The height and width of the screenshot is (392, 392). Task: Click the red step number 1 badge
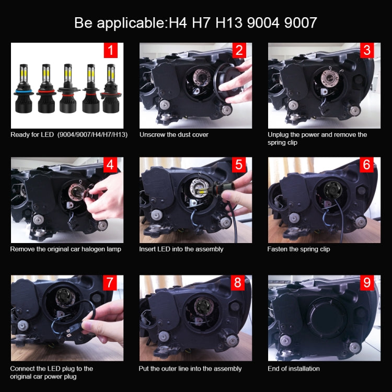110,50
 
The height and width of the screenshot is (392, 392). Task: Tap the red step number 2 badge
239,50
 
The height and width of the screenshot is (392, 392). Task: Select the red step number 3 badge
367,50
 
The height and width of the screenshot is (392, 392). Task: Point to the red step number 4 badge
110,165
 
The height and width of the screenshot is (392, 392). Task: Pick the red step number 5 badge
239,165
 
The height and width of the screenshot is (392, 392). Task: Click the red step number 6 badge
367,165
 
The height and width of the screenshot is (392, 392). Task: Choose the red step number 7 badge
110,283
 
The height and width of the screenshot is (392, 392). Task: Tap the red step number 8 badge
239,283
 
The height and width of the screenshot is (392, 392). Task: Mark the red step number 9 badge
367,283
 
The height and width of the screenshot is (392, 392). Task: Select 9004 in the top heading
271,23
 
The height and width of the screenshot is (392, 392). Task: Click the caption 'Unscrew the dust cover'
174,135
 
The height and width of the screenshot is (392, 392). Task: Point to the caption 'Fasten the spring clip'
298,249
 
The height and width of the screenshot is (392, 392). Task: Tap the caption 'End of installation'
293,368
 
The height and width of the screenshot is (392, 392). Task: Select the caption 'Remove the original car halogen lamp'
66,249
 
